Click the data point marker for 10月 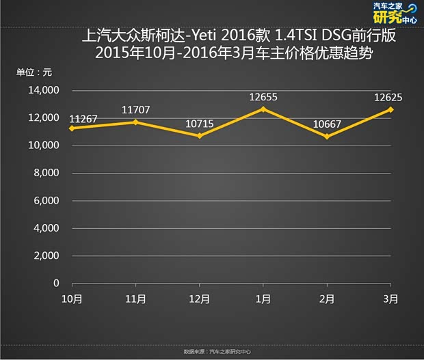(72, 128)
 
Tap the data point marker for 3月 (391, 109)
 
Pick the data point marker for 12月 (199, 135)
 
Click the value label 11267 (83, 119)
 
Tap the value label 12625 (387, 97)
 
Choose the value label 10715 (199, 123)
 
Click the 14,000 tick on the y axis (44, 90)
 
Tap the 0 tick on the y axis (57, 283)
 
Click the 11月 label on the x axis (135, 299)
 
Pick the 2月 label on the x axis (328, 299)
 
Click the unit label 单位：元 (34, 72)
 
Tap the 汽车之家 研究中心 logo (395, 13)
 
